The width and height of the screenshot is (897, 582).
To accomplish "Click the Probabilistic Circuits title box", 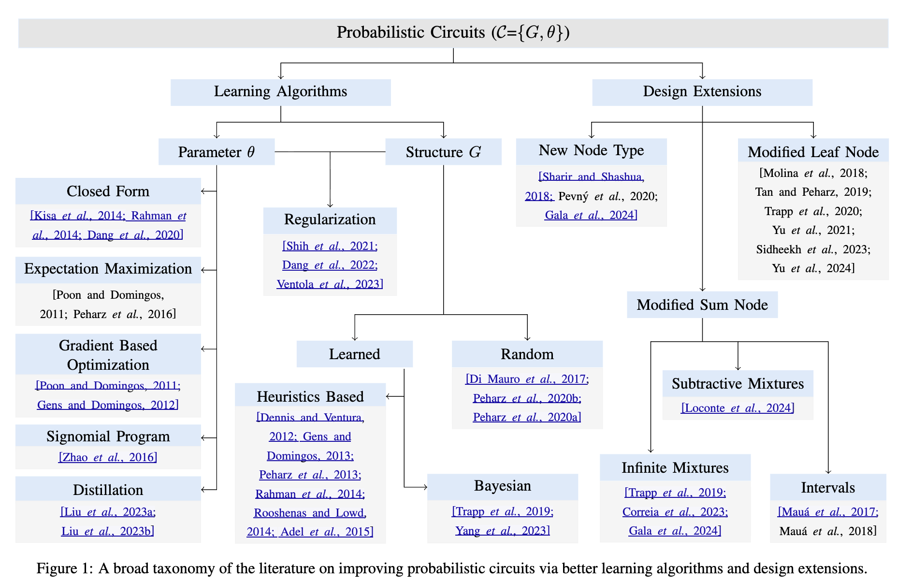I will (453, 33).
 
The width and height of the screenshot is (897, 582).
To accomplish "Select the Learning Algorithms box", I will (280, 92).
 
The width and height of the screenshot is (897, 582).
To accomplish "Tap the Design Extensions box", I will (702, 92).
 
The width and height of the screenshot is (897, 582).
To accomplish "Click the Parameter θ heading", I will (216, 152).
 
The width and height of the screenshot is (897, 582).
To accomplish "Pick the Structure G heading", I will (443, 152).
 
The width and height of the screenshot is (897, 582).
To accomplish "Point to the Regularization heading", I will (330, 220).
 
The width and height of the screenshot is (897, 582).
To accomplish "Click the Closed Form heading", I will (108, 191).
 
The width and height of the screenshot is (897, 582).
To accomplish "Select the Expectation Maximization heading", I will (108, 269).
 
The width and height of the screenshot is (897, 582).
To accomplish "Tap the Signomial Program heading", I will (108, 436).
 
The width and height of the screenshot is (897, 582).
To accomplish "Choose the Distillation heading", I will (108, 490).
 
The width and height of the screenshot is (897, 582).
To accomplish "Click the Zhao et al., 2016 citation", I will (108, 458).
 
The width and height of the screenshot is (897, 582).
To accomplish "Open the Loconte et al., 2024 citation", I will (738, 408).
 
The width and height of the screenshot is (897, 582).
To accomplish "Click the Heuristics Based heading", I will (310, 397).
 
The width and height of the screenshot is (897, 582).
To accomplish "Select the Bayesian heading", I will (502, 486).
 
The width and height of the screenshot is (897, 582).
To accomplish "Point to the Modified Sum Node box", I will (702, 305).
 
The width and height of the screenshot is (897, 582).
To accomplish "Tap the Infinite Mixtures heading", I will (675, 468).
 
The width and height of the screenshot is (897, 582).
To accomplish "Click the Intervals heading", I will (827, 488).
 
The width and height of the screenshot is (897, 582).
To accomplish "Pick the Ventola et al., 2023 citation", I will (330, 284).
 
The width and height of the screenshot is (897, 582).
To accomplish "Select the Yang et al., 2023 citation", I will (502, 531).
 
